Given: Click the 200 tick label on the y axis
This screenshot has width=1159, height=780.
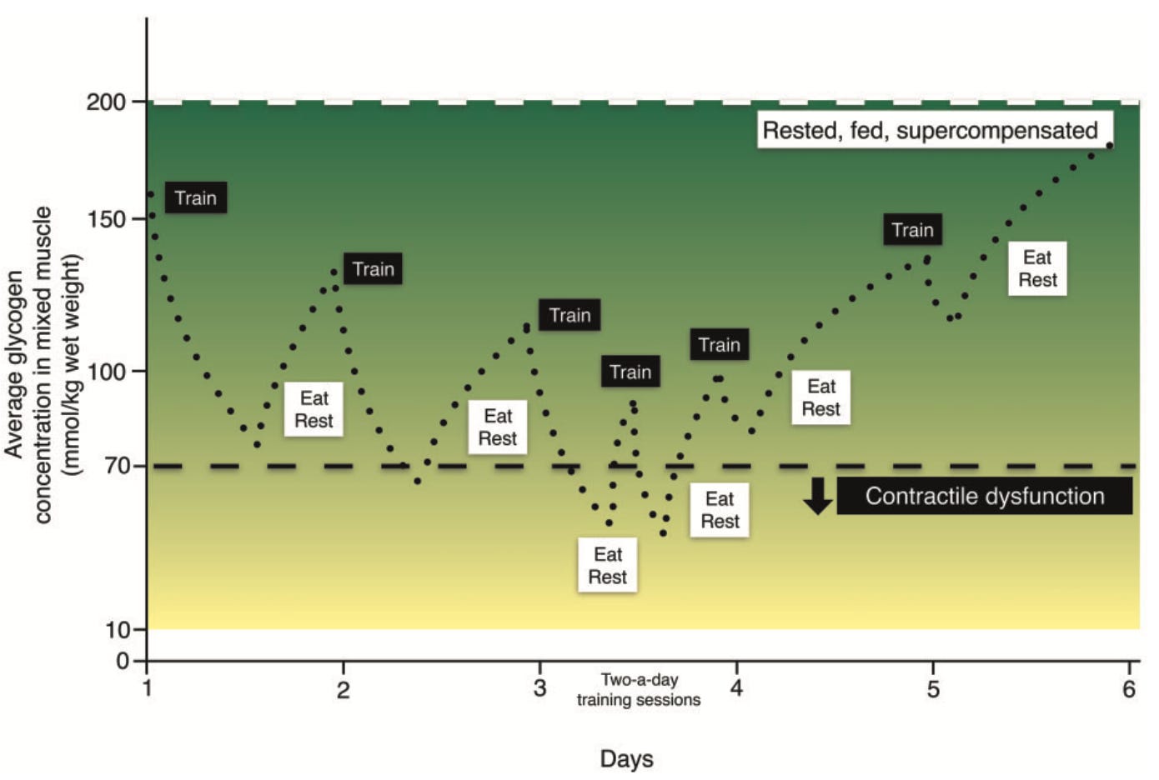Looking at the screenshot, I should tap(106, 102).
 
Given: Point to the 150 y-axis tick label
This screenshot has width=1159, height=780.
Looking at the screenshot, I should tap(106, 219).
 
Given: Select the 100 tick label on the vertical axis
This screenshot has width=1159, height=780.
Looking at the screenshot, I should tap(106, 372).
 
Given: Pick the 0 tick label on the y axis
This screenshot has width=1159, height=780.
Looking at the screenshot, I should tap(123, 662).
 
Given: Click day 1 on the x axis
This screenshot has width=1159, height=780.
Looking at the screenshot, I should tap(148, 688).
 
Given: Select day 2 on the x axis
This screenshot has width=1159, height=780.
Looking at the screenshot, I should tap(344, 689).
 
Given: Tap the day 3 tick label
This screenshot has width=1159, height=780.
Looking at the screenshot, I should tap(540, 688).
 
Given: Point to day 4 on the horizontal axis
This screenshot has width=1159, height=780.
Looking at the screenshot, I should tap(736, 688).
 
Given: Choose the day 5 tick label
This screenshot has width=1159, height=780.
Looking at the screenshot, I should tap(933, 689).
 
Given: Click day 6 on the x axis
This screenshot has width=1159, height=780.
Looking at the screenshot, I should tap(1129, 688).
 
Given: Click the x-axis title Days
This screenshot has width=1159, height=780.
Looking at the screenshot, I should tap(626, 759).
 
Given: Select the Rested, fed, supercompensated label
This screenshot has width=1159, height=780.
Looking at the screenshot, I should tap(931, 131).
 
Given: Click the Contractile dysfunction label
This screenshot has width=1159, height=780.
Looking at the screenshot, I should tap(984, 497).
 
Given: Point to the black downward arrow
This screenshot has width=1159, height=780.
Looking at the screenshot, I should tap(817, 496).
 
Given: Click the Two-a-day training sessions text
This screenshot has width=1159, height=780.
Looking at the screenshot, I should tap(639, 690).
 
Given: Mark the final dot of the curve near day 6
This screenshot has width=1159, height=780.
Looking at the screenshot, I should tap(1110, 146).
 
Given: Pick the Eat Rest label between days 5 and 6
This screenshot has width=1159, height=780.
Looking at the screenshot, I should tap(1037, 268).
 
